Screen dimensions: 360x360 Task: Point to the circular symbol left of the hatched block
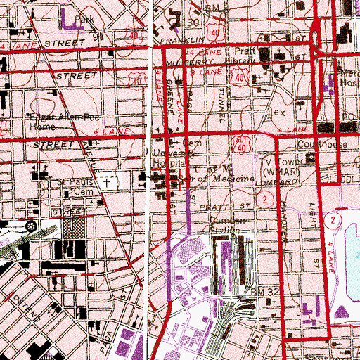pyautogui.click(x=32, y=226)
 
